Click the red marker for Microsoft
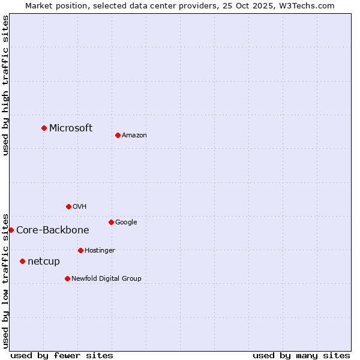[44, 128]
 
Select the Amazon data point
[118, 135]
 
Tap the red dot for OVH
[68, 206]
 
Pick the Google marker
[111, 222]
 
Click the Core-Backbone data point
[11, 230]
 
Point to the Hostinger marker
[80, 250]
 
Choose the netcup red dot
[22, 261]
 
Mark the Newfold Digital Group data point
[67, 278]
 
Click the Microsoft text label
[71, 128]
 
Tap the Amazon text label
[134, 135]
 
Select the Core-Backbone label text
[53, 230]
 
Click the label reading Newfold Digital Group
[106, 278]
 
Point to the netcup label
[44, 261]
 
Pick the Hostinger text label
[100, 250]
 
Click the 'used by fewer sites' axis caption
[62, 355]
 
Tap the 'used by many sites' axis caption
[301, 355]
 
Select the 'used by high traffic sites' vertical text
[5, 85]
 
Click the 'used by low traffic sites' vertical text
[5, 280]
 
